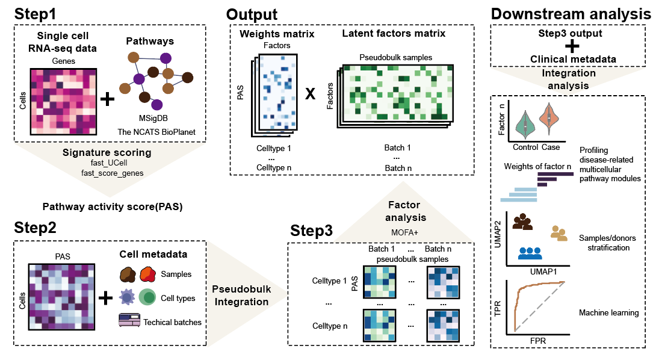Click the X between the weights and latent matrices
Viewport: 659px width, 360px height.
pos(311,95)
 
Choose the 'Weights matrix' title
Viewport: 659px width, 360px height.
pos(276,34)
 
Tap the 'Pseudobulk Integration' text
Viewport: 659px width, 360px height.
pos(241,295)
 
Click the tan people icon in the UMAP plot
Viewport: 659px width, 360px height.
pos(559,234)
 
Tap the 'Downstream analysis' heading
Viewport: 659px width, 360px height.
pos(571,14)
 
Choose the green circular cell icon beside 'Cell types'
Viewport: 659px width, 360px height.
pos(149,297)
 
